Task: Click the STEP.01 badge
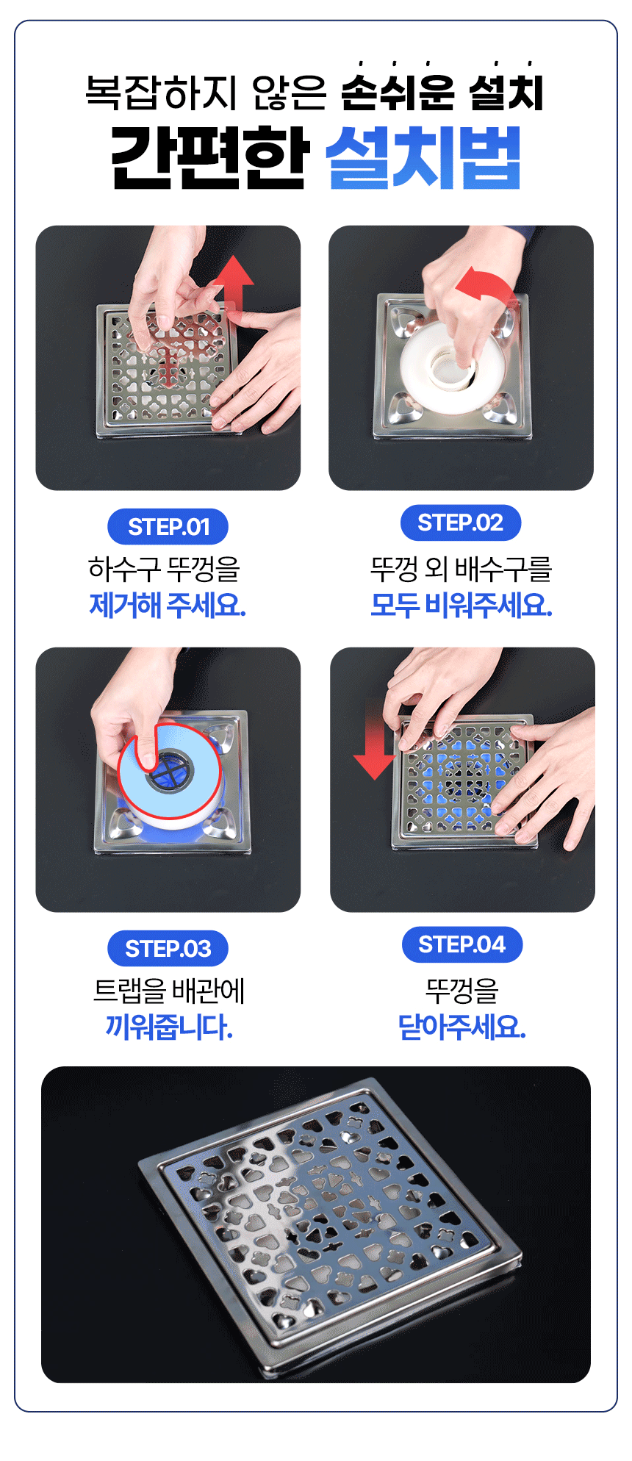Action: click(x=168, y=527)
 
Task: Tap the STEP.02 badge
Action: click(x=461, y=523)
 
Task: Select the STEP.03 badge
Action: click(x=168, y=949)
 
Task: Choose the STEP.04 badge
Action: click(x=462, y=944)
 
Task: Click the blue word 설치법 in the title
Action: click(x=423, y=157)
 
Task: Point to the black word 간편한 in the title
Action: click(x=208, y=157)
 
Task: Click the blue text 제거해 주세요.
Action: click(x=168, y=605)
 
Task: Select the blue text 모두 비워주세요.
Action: click(x=461, y=605)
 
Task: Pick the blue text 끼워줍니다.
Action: click(x=169, y=1027)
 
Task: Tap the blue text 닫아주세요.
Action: click(x=462, y=1027)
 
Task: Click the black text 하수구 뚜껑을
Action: click(x=165, y=569)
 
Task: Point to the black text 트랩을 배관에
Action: click(x=169, y=991)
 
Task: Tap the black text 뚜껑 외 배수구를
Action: click(x=461, y=569)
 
